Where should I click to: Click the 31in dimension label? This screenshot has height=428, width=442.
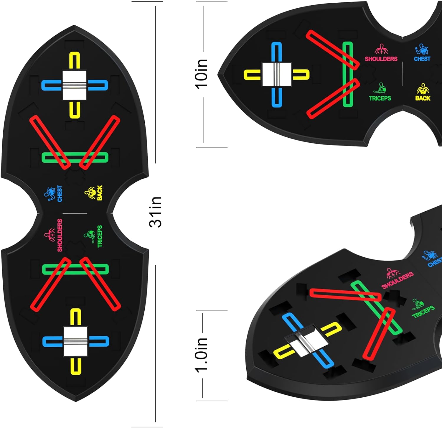tap(156, 212)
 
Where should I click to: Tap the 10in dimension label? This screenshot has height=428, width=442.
tap(202, 74)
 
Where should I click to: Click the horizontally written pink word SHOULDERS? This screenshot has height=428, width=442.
tap(381, 59)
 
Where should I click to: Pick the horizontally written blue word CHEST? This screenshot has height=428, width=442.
tap(422, 59)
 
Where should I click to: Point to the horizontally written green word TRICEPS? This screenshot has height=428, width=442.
tap(380, 98)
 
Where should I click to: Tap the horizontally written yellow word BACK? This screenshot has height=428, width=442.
tap(423, 98)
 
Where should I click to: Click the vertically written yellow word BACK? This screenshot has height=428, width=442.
tap(100, 193)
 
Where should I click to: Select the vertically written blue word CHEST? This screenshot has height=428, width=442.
tap(60, 194)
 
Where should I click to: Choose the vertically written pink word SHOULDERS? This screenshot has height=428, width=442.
tap(60, 235)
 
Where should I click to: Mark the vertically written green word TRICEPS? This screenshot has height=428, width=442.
tap(100, 236)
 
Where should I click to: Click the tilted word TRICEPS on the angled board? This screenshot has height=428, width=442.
tap(423, 312)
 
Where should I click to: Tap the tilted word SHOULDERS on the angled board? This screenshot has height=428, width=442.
tap(398, 280)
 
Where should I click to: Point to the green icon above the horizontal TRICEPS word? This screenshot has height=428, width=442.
tap(380, 88)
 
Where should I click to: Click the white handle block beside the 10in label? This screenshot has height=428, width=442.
tap(277, 74)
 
